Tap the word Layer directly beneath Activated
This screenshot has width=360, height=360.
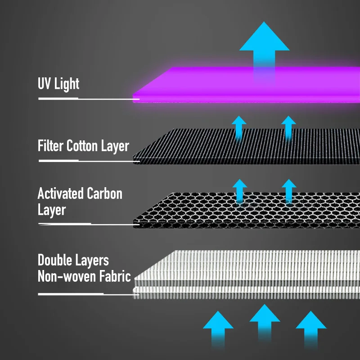click(52, 210)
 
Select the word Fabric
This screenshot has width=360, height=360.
click(115, 276)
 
